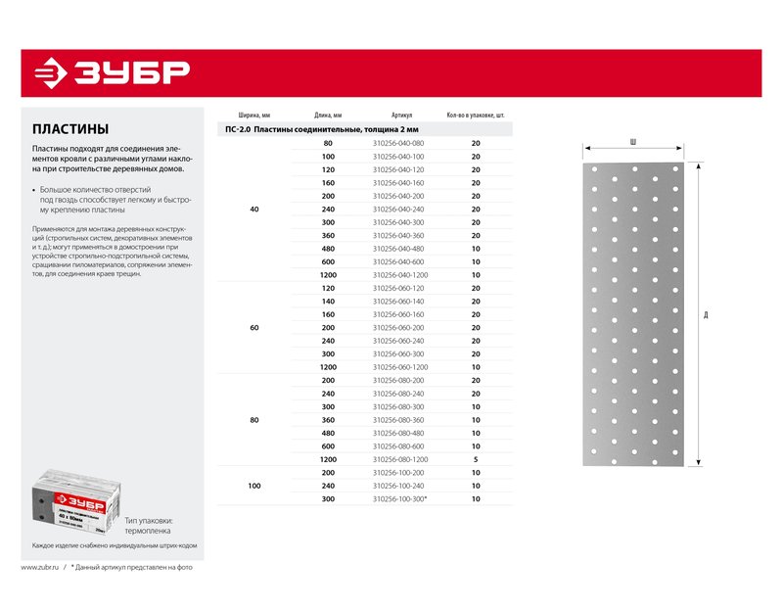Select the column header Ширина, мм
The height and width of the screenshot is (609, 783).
pos(253,115)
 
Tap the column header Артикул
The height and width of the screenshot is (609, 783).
pos(400,115)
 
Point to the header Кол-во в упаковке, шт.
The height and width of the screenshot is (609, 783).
pos(476,115)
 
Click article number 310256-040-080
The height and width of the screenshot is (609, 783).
pos(398,144)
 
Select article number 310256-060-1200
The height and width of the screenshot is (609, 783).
pos(400,367)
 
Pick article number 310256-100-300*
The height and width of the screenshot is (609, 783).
pos(400,499)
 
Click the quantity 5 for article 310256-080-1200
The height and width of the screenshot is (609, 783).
pos(476,459)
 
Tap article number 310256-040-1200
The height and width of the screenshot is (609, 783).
pos(400,275)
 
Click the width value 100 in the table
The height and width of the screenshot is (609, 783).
pos(254,486)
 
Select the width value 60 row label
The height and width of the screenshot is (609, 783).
pos(254,327)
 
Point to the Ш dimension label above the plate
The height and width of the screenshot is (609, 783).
pos(633,143)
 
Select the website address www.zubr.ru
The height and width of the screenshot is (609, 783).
pos(41,567)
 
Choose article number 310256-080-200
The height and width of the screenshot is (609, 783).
pos(398,380)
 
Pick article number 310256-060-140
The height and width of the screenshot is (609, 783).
pos(398,302)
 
